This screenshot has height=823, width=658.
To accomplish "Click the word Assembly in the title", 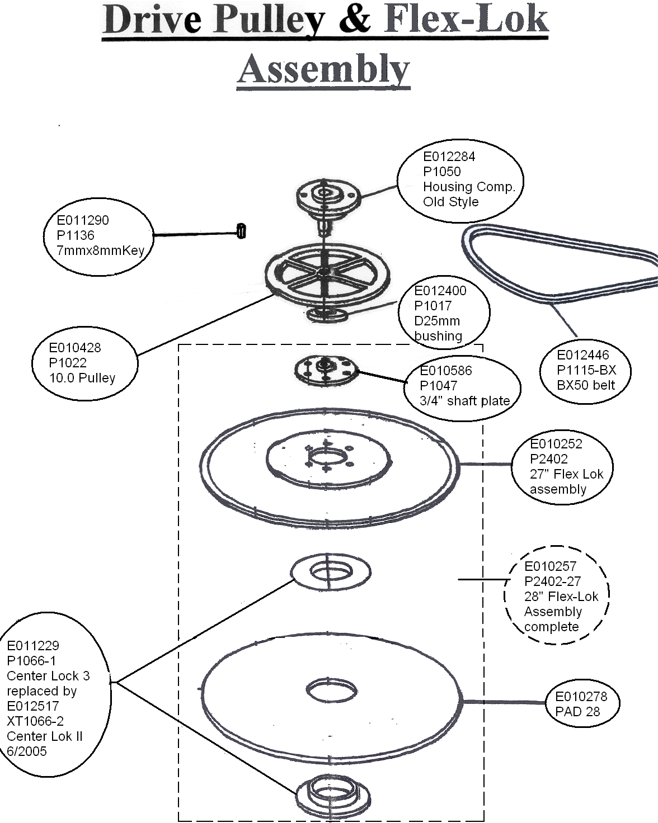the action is tap(324, 69).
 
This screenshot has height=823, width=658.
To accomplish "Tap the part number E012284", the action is tap(449, 157).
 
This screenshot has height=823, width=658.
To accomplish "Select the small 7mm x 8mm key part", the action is tap(241, 231).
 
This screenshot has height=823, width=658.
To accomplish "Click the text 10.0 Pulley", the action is tap(82, 378).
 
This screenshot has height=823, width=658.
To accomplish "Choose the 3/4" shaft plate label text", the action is tap(465, 400).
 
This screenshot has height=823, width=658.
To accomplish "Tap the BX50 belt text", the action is tap(586, 385).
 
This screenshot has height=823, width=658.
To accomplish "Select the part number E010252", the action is tap(556, 443).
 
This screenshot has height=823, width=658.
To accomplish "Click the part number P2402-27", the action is tap(552, 581).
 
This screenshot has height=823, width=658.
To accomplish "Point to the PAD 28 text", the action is tap(577, 711).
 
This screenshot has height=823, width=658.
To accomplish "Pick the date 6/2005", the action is tap(27, 751).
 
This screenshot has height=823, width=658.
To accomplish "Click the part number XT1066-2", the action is tap(35, 721).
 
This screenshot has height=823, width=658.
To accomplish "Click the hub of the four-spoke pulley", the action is tap(324, 272).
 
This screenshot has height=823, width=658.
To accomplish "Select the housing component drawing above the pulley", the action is tap(328, 203).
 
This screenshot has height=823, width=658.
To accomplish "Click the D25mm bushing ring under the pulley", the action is tap(328, 315).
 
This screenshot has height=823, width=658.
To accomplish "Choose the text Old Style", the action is tap(450, 201).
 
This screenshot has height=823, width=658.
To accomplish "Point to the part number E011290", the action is tap(83, 220).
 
